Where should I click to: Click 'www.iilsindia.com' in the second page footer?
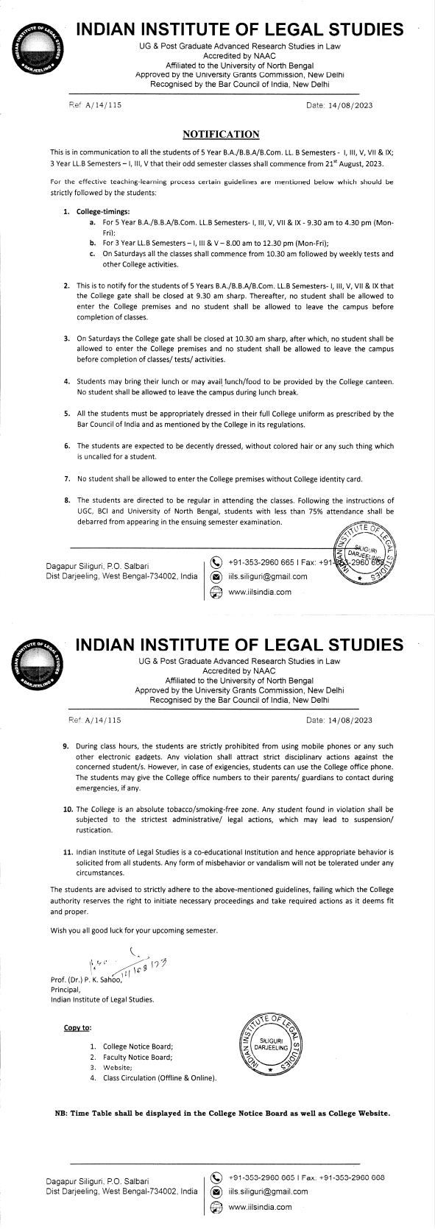260,1206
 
